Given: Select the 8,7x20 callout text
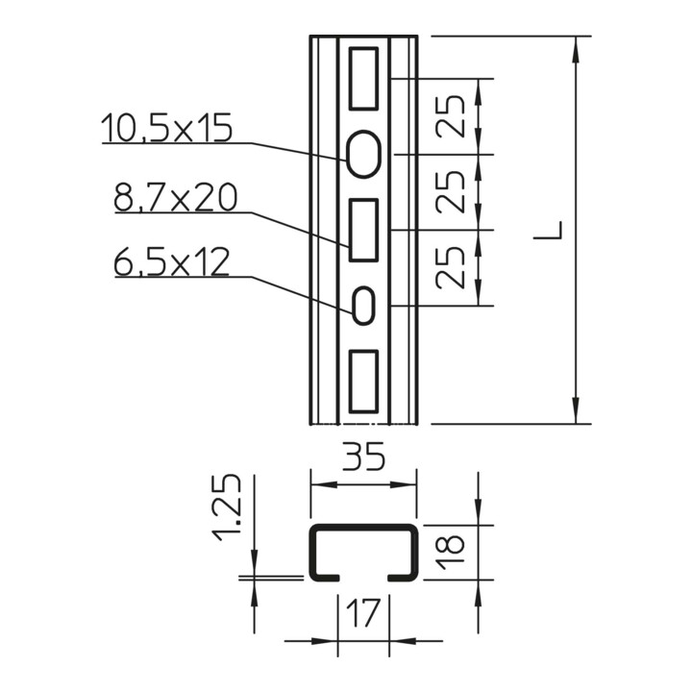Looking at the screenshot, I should coord(174,198).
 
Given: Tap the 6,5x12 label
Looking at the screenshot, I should coord(171,261).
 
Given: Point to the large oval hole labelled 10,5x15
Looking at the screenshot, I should coord(363,153).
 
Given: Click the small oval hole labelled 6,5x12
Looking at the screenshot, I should coord(363,306).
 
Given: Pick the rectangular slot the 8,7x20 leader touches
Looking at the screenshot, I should coord(363,230).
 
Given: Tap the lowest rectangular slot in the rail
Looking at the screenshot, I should coord(363,382).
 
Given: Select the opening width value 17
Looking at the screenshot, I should coord(363,611).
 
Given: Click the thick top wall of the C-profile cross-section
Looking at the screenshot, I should coord(363,529).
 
